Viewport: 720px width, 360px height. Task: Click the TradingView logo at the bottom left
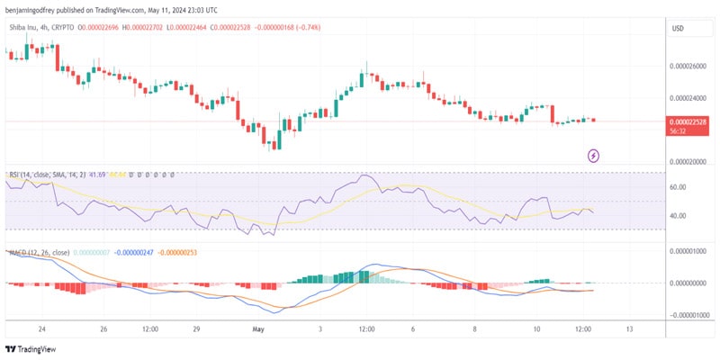coord(28,349)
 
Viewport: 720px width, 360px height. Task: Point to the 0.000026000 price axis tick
coord(688,66)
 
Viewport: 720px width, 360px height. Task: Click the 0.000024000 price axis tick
coord(688,98)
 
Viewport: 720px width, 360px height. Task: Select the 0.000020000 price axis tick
coord(688,162)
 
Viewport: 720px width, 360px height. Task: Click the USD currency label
coord(678,29)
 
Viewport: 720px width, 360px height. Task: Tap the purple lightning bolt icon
coord(594,156)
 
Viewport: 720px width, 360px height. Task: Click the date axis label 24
coord(41,329)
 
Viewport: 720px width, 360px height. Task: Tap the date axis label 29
coord(196,329)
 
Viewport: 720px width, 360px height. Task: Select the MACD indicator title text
coord(36,254)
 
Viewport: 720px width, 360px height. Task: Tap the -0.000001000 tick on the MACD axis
coord(688,315)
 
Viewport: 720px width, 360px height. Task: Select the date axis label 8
coord(474,329)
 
